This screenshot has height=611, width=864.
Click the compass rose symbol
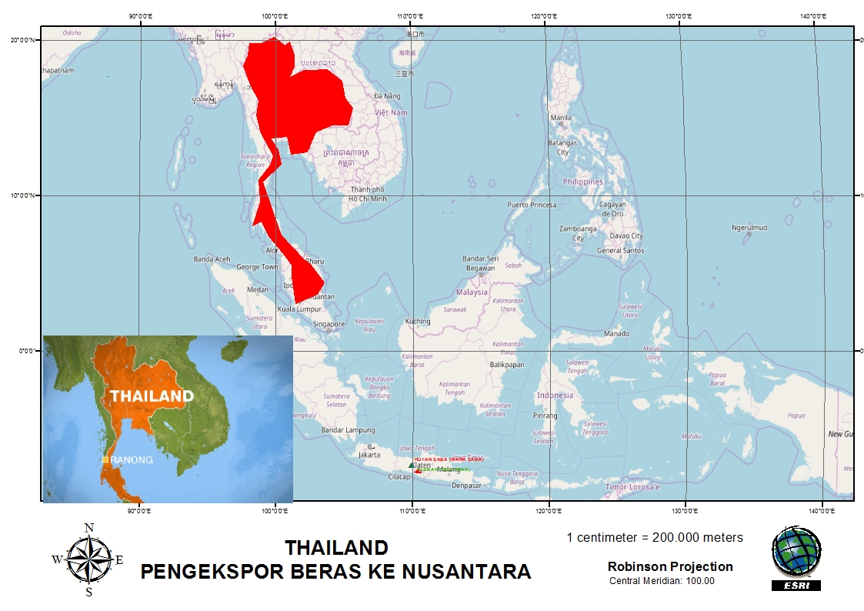[x=88, y=559]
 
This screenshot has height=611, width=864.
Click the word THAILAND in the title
[x=336, y=548]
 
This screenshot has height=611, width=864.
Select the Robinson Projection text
[x=670, y=566]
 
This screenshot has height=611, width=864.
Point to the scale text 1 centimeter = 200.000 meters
[x=655, y=537]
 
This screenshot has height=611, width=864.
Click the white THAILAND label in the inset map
[x=152, y=396]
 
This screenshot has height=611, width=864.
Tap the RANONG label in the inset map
[x=132, y=459]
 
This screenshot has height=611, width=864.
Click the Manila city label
[x=561, y=118]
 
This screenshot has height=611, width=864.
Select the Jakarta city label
[x=369, y=454]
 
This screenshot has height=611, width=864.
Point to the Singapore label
[x=327, y=324]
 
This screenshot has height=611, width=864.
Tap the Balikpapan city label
[x=507, y=364]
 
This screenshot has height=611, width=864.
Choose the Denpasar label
[x=466, y=486]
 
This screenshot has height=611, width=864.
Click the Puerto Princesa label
[x=531, y=205]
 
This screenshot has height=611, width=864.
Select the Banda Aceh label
[x=212, y=259]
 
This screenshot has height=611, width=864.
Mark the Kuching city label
[x=418, y=321]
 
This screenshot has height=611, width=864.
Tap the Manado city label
[x=616, y=333]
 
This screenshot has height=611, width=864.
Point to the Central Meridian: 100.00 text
[x=662, y=581]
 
